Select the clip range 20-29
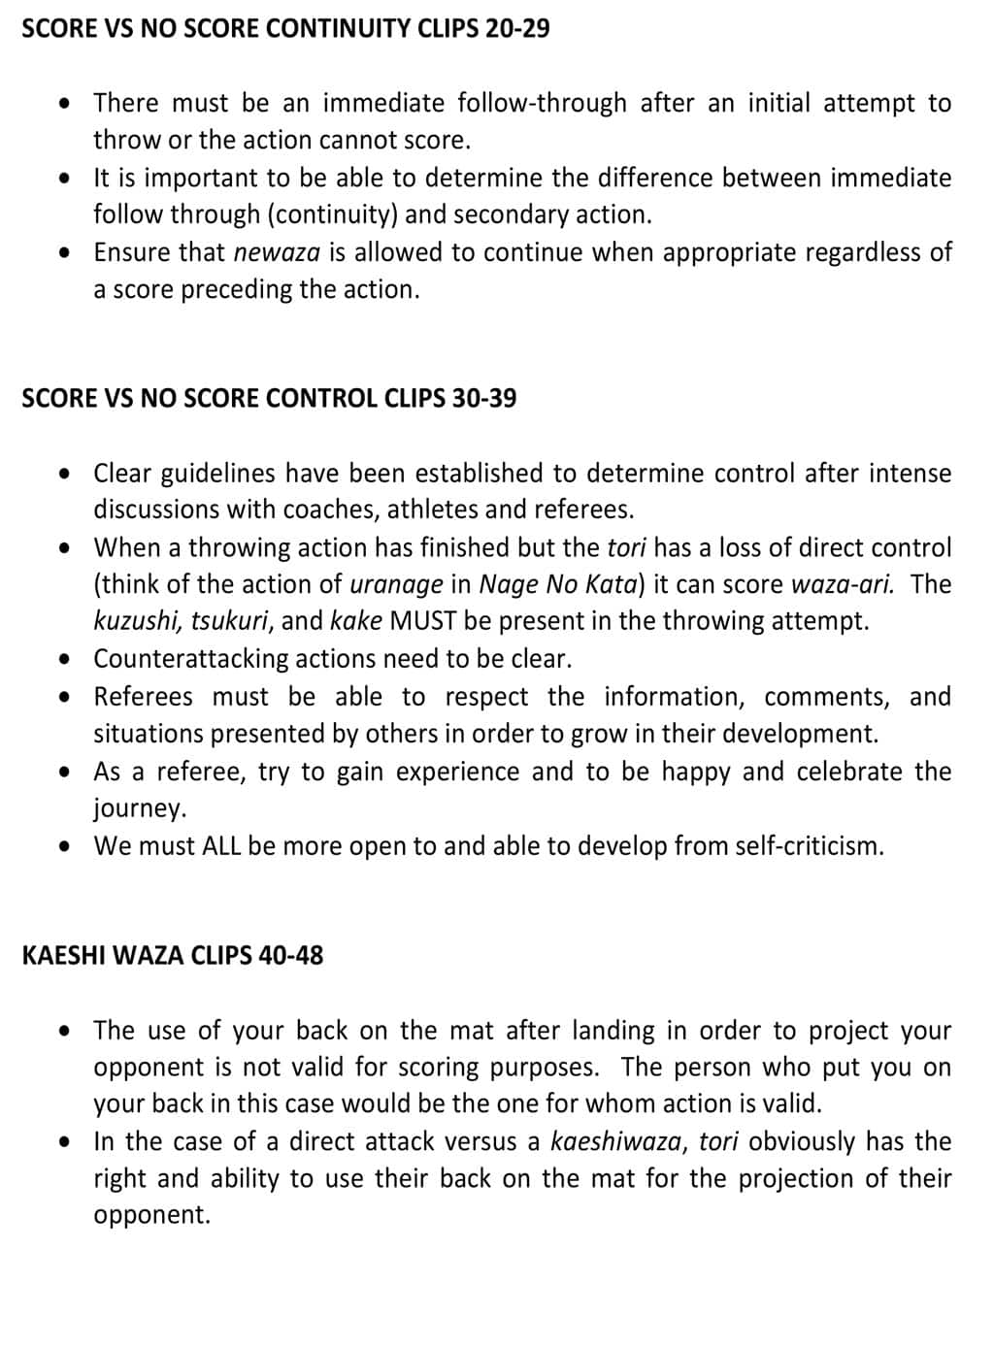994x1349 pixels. (x=517, y=28)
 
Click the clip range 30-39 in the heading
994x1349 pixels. (x=483, y=398)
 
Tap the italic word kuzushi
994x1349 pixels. (x=137, y=621)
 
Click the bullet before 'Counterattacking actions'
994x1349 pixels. (x=65, y=659)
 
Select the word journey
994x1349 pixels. (x=139, y=809)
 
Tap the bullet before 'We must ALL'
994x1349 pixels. (x=65, y=846)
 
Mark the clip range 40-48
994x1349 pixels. (x=291, y=956)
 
